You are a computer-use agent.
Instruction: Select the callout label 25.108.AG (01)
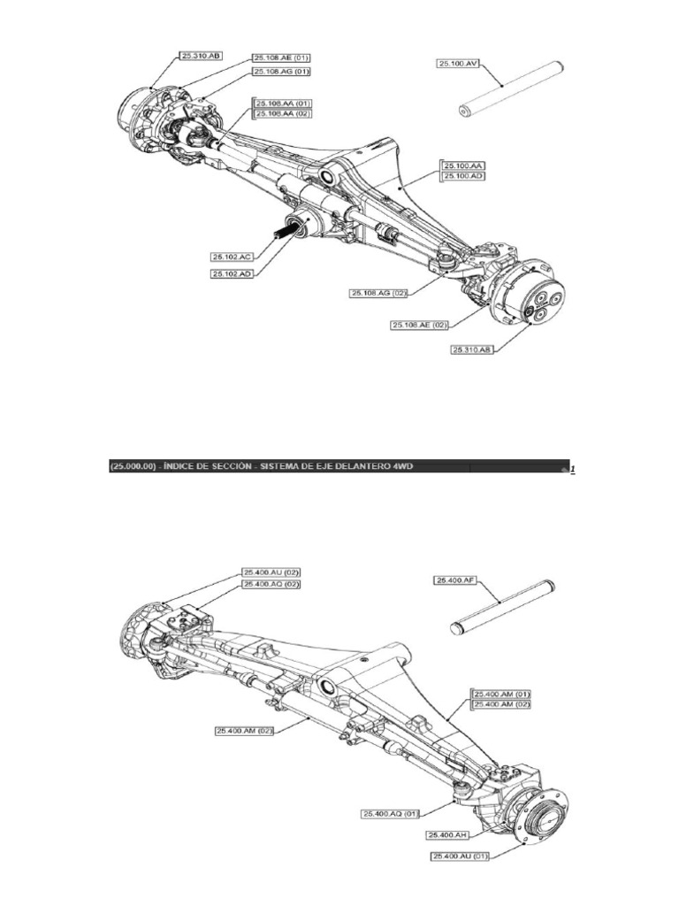[281, 72]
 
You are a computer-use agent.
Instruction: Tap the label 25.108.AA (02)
[283, 114]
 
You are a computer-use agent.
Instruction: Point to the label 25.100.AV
[458, 63]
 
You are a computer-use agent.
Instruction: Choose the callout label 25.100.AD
[465, 176]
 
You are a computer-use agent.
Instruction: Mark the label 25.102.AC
[233, 257]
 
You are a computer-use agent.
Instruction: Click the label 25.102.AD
[233, 274]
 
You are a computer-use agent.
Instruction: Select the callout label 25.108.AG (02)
[379, 293]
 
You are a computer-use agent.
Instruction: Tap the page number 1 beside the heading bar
[572, 469]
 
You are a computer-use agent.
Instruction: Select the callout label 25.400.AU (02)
[271, 572]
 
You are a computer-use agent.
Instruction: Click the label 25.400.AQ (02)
[271, 585]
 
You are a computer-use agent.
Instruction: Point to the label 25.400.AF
[454, 580]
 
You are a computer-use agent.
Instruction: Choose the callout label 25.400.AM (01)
[501, 693]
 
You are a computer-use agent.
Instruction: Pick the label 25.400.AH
[447, 834]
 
